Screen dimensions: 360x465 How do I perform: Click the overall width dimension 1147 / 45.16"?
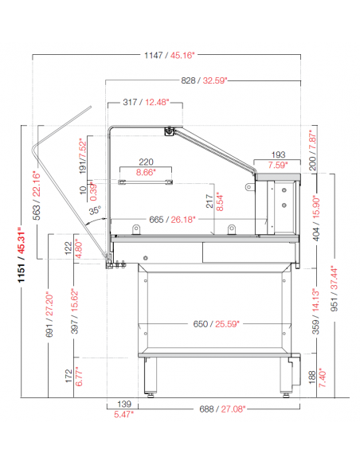170,55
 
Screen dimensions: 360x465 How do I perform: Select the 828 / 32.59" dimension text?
204,80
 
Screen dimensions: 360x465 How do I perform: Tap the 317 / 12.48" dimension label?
146,102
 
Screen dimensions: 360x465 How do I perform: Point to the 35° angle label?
95,210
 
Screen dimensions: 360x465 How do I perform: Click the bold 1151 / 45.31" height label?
22,255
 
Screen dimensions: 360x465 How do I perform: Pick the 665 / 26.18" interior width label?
172,220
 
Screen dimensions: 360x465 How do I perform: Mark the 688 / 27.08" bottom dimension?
222,409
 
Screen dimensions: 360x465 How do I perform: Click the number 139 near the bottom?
124,404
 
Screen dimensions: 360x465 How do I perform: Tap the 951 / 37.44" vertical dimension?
334,288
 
